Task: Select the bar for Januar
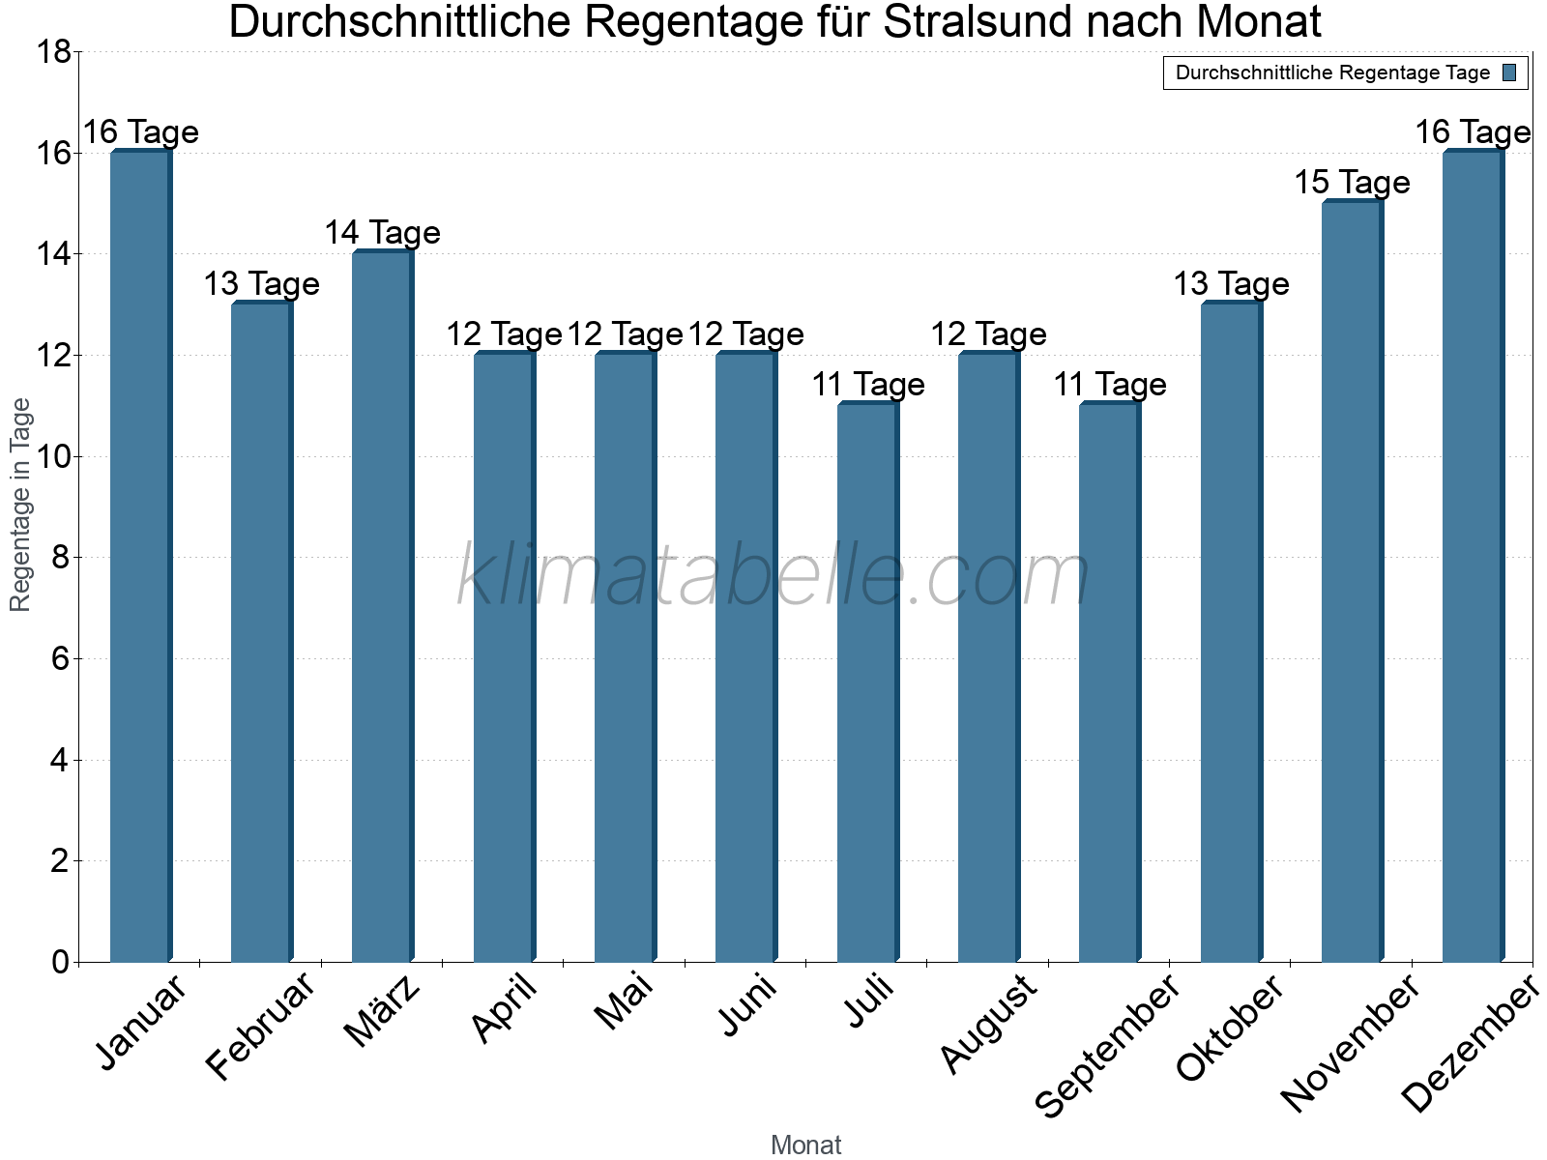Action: tap(140, 556)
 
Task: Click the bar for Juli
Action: tap(867, 681)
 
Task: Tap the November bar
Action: tap(1352, 580)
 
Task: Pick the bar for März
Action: tap(382, 606)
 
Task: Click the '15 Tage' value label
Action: tap(1352, 182)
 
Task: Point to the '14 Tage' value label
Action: tap(382, 233)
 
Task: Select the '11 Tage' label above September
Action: tap(1109, 385)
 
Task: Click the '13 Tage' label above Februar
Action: tap(261, 284)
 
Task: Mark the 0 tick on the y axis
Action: tap(60, 962)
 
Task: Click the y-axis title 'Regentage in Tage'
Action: tap(20, 505)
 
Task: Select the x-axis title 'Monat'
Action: tap(805, 1145)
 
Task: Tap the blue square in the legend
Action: tap(1509, 72)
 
